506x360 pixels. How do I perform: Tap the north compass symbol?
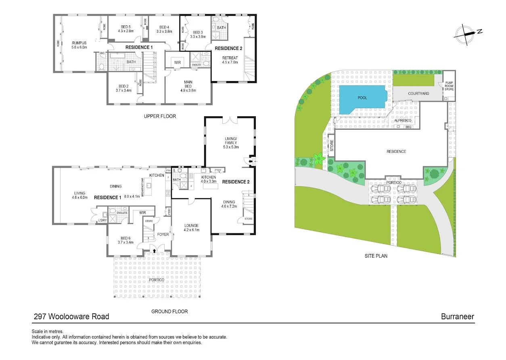pyautogui.click(x=466, y=34)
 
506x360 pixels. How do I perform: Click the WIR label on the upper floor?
pyautogui.click(x=177, y=62)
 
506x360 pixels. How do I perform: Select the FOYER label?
pyautogui.click(x=163, y=234)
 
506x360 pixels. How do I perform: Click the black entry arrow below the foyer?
pyautogui.click(x=155, y=251)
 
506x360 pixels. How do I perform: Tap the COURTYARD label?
pyautogui.click(x=418, y=94)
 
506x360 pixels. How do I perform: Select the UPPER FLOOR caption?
pyautogui.click(x=160, y=116)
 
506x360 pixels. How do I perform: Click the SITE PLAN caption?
pyautogui.click(x=376, y=256)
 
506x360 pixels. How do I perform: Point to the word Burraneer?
pyautogui.click(x=458, y=316)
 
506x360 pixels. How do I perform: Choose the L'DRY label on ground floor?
pyautogui.click(x=103, y=220)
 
